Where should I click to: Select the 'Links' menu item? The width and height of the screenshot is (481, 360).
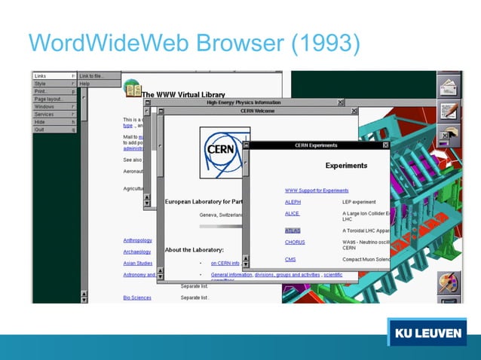point(41,76)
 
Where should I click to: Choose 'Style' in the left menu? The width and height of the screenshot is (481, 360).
point(41,84)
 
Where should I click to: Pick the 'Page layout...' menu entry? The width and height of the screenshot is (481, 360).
point(47,99)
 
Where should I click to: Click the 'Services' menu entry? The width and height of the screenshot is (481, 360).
point(45,114)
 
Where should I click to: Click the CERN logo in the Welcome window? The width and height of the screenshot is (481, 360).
point(224,151)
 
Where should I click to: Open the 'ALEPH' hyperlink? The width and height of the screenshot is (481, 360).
point(293,202)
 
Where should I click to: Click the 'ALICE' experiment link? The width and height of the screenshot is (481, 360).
point(293,214)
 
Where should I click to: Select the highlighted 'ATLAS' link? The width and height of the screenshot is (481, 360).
point(293,230)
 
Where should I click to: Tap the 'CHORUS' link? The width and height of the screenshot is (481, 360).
point(295,242)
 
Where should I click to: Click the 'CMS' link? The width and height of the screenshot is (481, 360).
point(290,259)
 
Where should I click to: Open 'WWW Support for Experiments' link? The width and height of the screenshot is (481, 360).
point(317,191)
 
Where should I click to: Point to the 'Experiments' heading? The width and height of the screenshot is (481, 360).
point(346,166)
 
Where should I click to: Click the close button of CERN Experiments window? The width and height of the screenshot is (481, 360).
point(385,145)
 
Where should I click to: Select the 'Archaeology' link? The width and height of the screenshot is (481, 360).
point(137,252)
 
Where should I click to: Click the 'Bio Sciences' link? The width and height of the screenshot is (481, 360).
point(137,297)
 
